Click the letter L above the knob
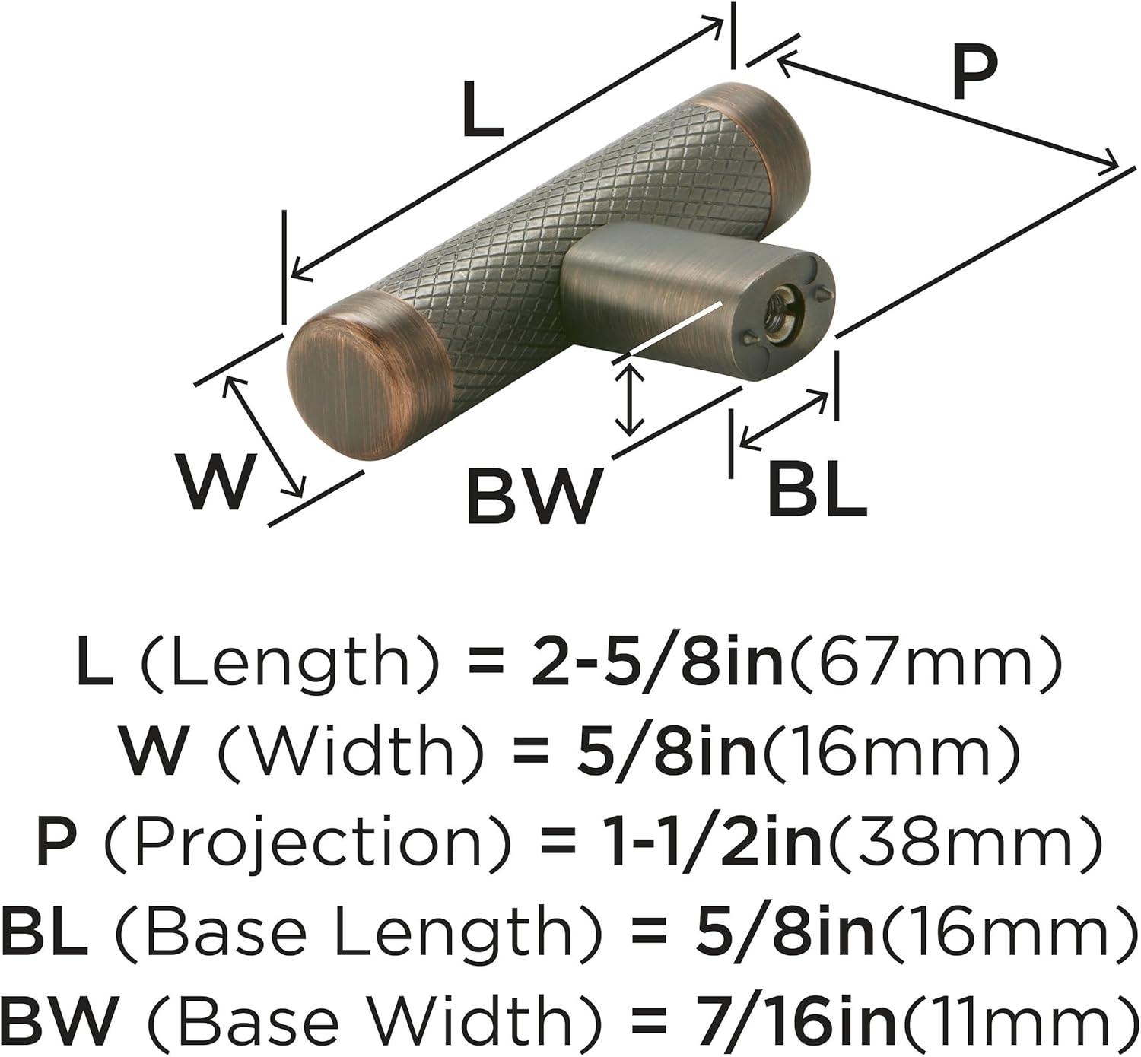(x=482, y=110)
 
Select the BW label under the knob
(x=535, y=496)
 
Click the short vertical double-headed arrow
(x=631, y=399)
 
